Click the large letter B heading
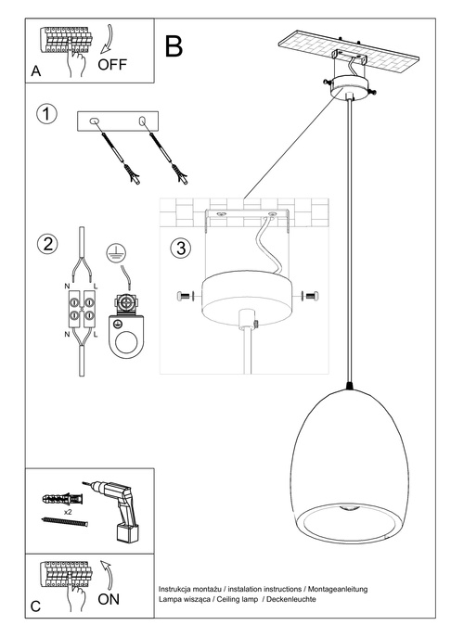coord(174,46)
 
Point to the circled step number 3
coord(181,248)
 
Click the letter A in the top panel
coord(35,71)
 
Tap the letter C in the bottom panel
coord(35,608)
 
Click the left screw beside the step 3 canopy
coord(182,296)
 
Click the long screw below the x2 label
coord(63,523)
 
